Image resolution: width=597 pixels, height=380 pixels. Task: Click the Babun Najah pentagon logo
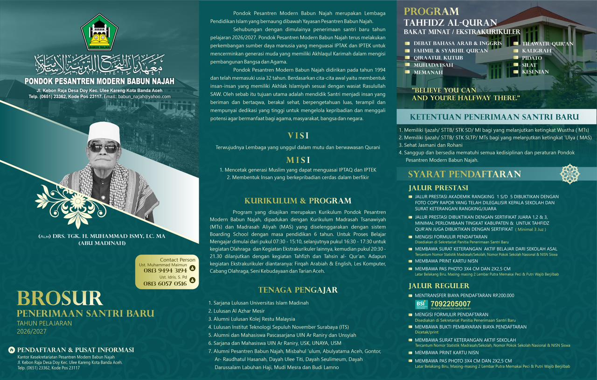click(x=99, y=32)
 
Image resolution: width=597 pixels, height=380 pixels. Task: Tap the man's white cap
click(x=104, y=133)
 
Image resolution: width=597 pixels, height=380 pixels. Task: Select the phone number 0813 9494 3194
click(x=165, y=270)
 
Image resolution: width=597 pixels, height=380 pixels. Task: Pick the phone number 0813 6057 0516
click(x=165, y=283)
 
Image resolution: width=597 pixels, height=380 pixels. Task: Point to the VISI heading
click(x=298, y=136)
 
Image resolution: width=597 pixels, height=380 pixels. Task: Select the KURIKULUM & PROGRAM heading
click(x=298, y=201)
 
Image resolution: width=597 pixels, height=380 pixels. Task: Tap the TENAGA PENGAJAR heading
click(x=298, y=290)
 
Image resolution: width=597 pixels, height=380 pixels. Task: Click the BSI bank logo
click(x=421, y=304)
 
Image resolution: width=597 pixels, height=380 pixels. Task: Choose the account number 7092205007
click(x=451, y=304)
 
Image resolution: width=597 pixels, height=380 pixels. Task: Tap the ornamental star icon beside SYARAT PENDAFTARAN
click(x=569, y=174)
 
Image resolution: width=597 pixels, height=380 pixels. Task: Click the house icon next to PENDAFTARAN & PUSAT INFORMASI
click(x=11, y=350)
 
